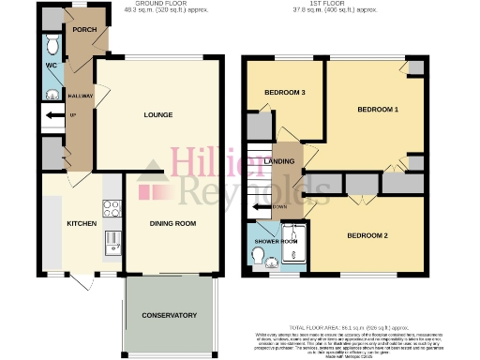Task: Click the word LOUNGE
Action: pos(157,115)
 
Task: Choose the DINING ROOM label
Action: pos(173,224)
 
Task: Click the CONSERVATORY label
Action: pos(170,315)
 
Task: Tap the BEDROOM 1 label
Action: pos(379,110)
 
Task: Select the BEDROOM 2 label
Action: pos(367,234)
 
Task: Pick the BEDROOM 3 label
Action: pos(284,92)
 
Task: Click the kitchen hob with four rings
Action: pos(111,210)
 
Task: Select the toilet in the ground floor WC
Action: pos(52,46)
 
